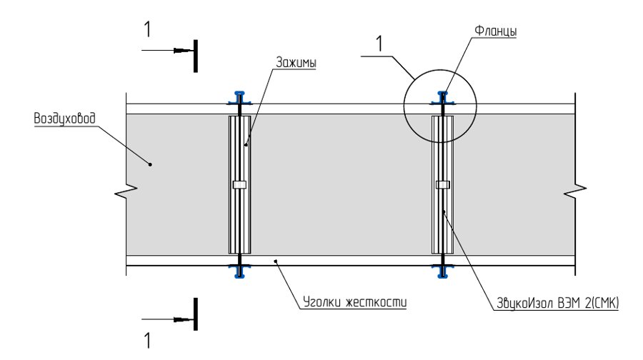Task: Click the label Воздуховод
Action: (64, 119)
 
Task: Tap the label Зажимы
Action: (296, 62)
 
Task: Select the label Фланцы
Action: (495, 31)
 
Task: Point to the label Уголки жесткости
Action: (354, 302)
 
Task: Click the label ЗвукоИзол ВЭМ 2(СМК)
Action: (558, 303)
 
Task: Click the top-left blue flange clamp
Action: (239, 98)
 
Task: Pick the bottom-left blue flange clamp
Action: (239, 271)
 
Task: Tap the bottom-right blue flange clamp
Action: (442, 271)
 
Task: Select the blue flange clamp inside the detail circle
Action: (442, 98)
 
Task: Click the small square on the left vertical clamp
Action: (239, 184)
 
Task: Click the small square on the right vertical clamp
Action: (442, 184)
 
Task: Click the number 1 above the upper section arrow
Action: (147, 29)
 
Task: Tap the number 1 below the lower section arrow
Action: (147, 340)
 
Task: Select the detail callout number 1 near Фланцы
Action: (379, 44)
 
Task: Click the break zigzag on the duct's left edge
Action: (126, 191)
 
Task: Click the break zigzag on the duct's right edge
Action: (575, 191)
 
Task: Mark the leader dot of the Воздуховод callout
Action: (150, 164)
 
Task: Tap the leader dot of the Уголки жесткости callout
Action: (276, 260)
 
